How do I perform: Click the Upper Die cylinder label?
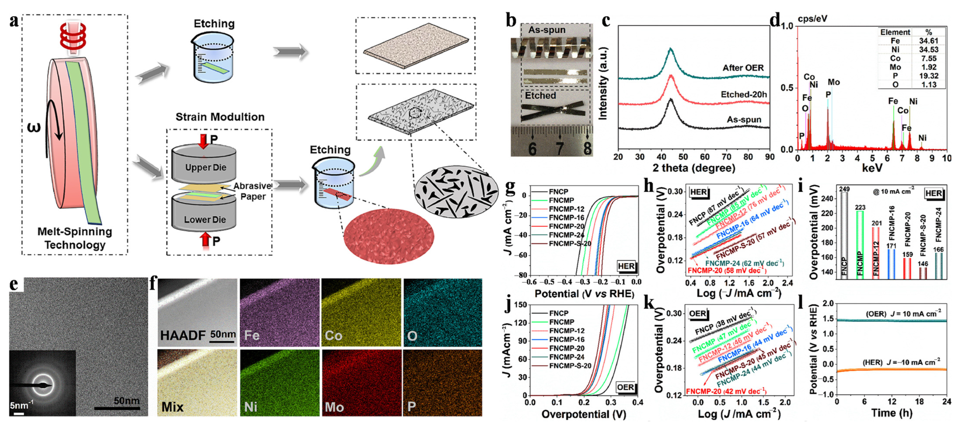[206, 168]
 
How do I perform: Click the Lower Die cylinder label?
[205, 219]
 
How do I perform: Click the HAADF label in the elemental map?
[183, 335]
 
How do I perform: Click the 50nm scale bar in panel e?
[117, 408]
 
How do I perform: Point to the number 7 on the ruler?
[560, 148]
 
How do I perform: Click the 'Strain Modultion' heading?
[220, 117]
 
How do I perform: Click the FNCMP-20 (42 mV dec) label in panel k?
[726, 391]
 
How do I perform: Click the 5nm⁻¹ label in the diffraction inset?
[19, 405]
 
